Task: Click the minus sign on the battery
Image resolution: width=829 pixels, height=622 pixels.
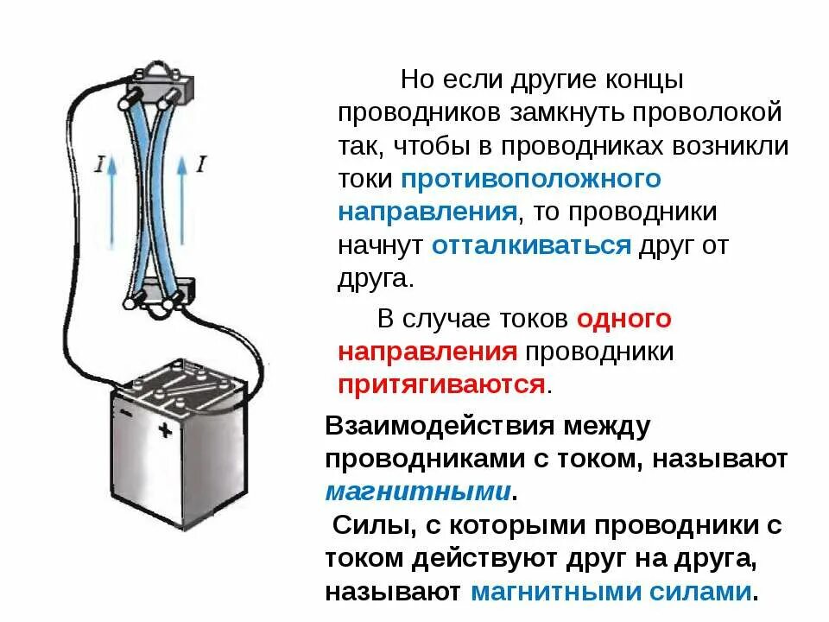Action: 127,412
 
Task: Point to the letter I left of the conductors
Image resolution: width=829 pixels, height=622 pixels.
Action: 100,162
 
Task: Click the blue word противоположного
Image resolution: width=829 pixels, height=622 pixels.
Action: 530,179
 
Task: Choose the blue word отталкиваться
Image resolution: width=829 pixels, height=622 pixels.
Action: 531,245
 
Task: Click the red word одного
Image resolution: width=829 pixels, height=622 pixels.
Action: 623,319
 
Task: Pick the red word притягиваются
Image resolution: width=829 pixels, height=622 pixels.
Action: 441,384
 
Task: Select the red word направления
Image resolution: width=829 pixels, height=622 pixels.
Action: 427,352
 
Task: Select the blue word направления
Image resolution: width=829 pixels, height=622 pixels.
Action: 427,213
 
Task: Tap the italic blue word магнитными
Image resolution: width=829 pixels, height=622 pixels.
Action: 418,492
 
